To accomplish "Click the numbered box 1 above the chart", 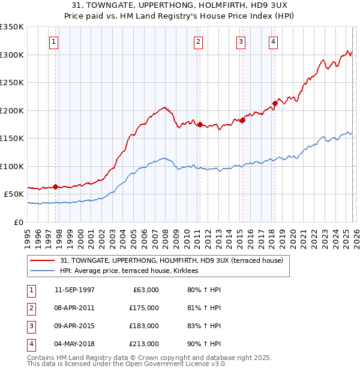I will (54, 42).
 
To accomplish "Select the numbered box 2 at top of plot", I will (198, 42).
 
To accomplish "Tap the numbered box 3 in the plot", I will (241, 42).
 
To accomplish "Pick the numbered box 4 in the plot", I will (273, 42).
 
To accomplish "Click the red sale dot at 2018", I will (275, 103).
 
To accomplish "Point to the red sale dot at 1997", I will (56, 187).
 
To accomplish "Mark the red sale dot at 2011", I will (199, 124).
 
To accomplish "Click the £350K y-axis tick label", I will (12, 27).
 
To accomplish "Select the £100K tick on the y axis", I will (12, 166).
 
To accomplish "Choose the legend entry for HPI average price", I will (133, 271).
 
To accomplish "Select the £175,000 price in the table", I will (144, 308).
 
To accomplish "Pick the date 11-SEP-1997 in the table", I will (74, 290).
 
